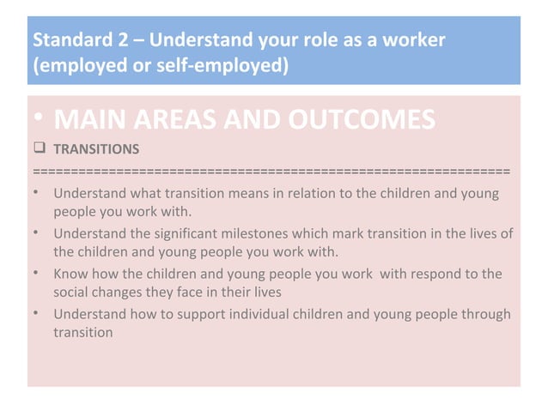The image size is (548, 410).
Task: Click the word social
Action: [72, 292]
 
